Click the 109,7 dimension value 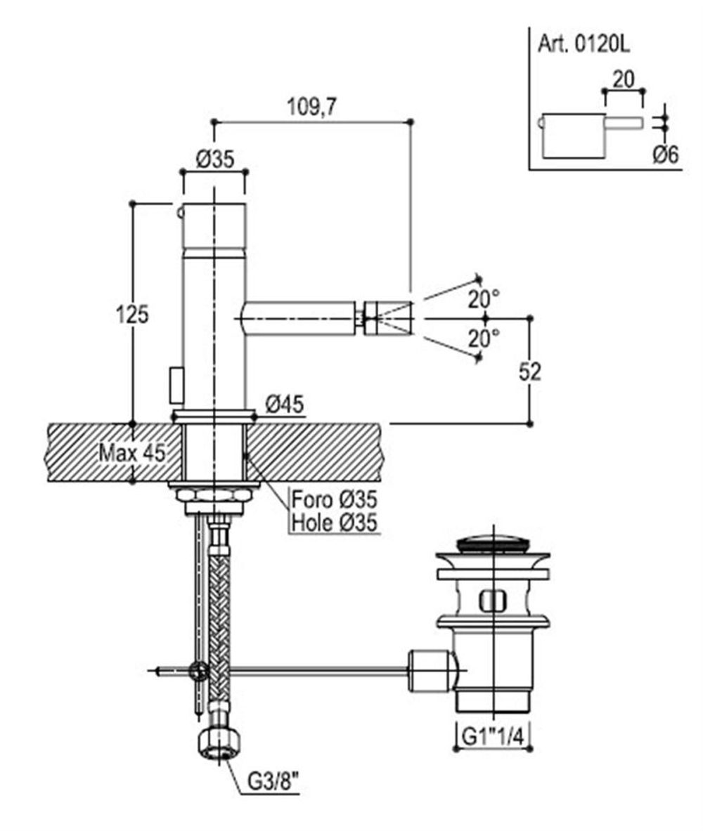point(312,107)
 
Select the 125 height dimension point(132,314)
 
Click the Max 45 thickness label point(131,452)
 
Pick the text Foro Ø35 point(334,500)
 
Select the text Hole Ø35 point(334,523)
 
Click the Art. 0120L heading point(583,44)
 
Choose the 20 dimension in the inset point(623,79)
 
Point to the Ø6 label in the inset point(665,155)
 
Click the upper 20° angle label point(484,299)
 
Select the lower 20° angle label point(484,339)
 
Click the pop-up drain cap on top point(493,542)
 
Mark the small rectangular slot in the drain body point(493,601)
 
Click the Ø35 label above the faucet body point(215,159)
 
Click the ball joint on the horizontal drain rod point(200,671)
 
